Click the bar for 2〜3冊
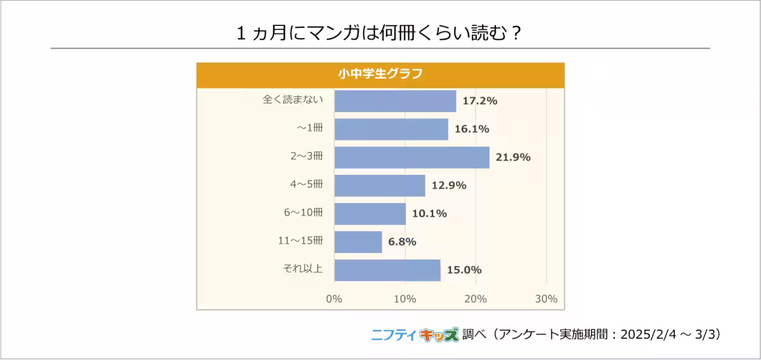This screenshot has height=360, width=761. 412,157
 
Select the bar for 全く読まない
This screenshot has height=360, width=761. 395,101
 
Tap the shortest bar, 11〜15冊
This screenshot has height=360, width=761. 358,241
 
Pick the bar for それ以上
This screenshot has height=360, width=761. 387,270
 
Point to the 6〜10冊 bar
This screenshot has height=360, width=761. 370,214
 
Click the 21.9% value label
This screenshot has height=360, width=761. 513,157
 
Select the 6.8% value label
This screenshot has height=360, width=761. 402,241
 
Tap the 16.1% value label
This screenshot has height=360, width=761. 472,129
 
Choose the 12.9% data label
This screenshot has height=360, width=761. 449,185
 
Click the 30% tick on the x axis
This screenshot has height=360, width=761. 547,299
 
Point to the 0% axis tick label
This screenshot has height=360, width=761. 334,299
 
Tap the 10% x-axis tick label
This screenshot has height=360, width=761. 405,299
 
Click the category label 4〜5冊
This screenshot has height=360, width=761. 306,184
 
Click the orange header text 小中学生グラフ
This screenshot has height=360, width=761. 380,73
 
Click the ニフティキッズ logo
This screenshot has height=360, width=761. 414,335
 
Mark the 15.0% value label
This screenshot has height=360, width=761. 465,270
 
